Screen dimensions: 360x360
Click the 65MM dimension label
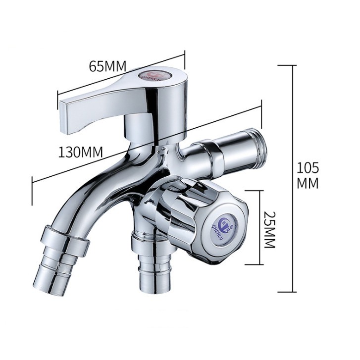point(107,66)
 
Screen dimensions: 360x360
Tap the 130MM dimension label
point(80,152)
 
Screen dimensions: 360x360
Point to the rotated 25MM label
point(269,229)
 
